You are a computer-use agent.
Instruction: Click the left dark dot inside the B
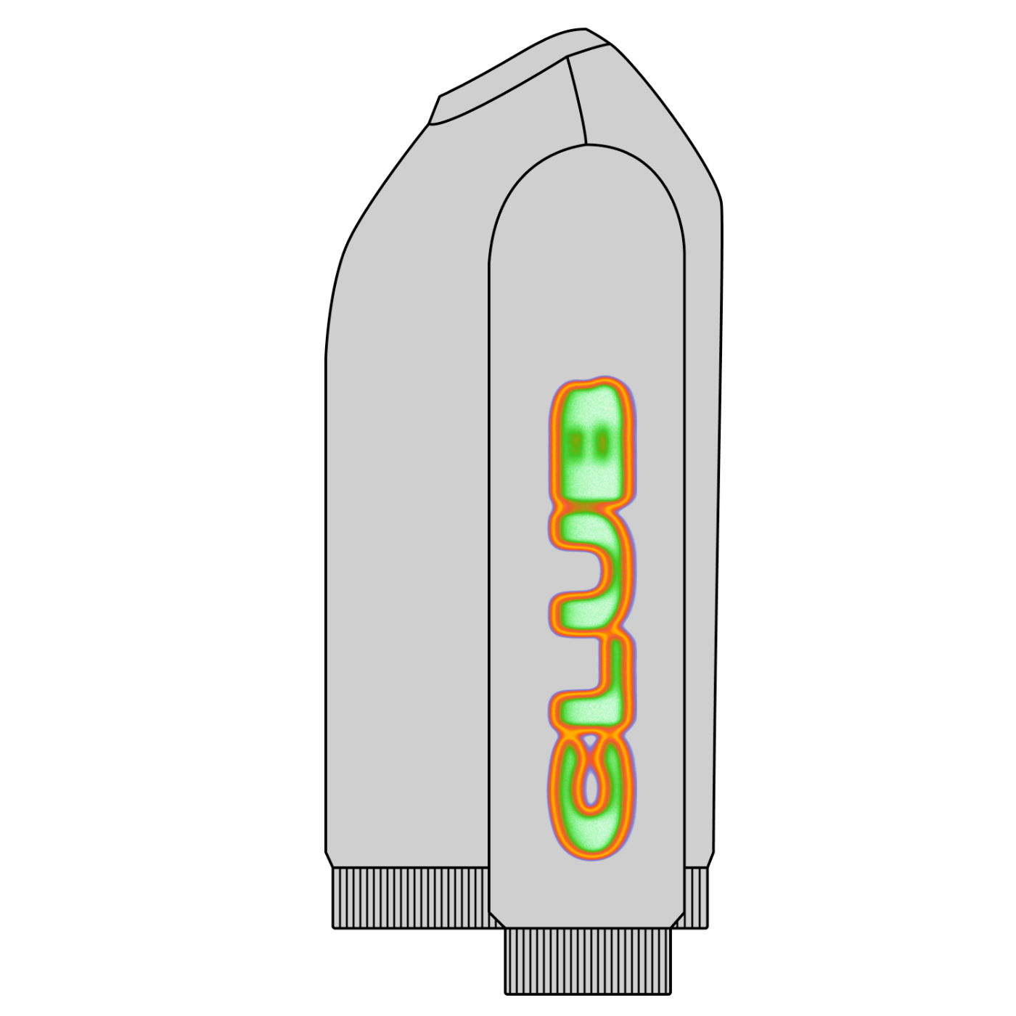[578, 444]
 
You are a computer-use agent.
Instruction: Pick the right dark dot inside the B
[602, 444]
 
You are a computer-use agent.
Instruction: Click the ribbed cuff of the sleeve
[588, 961]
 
